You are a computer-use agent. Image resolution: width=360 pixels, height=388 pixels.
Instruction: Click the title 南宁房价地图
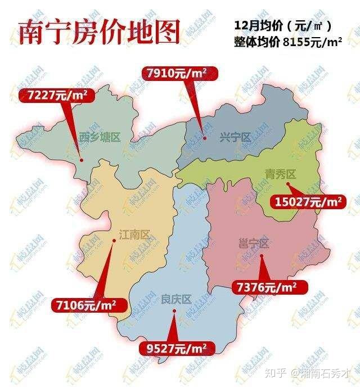click(x=99, y=32)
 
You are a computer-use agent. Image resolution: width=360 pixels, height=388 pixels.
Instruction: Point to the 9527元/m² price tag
click(x=176, y=347)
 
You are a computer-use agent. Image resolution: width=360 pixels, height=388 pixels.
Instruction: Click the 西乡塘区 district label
click(x=100, y=137)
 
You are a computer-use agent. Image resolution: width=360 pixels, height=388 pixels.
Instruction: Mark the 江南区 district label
click(x=137, y=234)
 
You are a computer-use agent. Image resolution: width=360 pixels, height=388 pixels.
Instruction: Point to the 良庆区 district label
click(x=176, y=299)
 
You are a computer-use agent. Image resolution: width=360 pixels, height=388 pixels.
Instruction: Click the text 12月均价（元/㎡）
click(x=283, y=25)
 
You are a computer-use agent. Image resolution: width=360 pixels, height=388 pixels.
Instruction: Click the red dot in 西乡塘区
click(x=82, y=160)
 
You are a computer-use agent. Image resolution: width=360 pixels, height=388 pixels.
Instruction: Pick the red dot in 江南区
click(x=114, y=240)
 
